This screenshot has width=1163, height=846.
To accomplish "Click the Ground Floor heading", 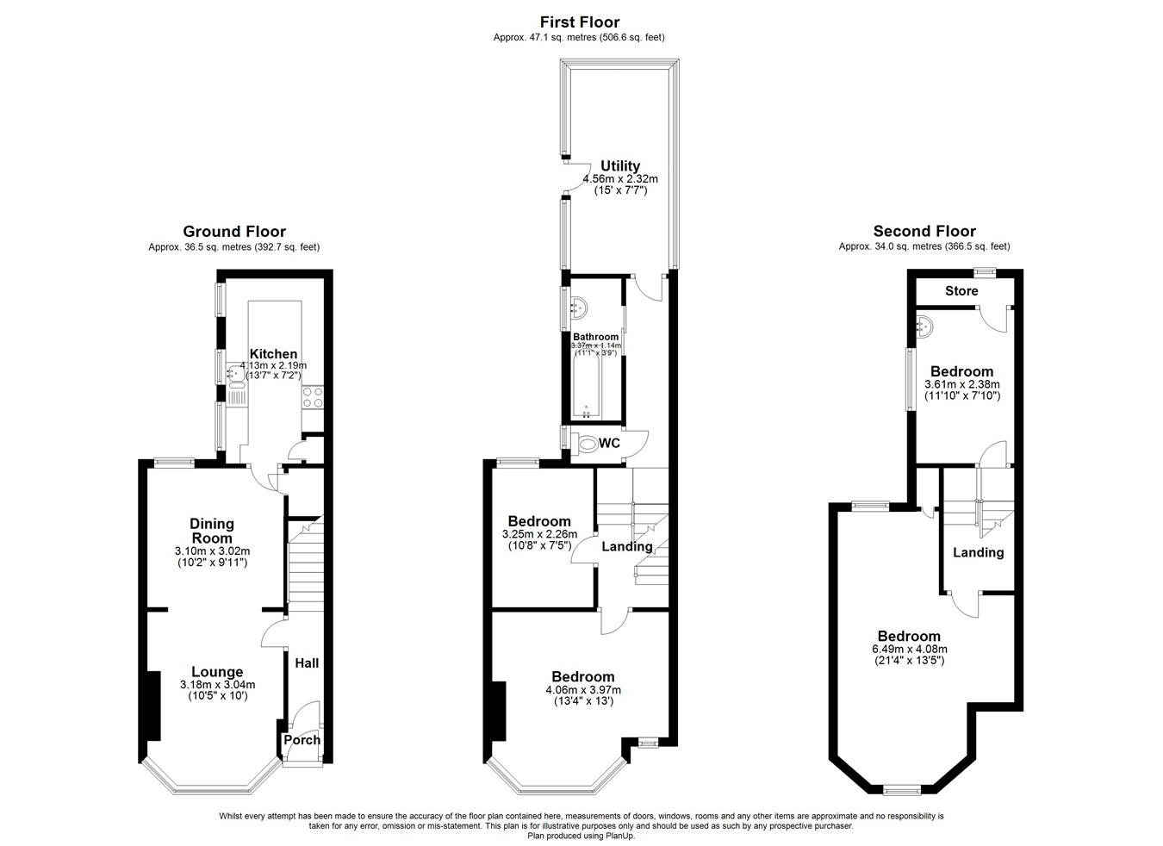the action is pyautogui.click(x=234, y=232).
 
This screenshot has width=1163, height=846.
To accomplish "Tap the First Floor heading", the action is pyautogui.click(x=580, y=22).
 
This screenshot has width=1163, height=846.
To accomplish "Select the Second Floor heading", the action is pyautogui.click(x=924, y=231).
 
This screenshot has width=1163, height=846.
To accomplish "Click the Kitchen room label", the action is pyautogui.click(x=274, y=354).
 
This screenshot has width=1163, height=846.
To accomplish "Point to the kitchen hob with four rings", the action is pyautogui.click(x=313, y=397).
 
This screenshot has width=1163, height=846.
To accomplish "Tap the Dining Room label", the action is pyautogui.click(x=212, y=531).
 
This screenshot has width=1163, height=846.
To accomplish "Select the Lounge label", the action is pyautogui.click(x=217, y=673).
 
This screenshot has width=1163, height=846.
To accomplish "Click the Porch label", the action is pyautogui.click(x=302, y=739).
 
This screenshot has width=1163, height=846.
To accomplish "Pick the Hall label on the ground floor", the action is pyautogui.click(x=307, y=663).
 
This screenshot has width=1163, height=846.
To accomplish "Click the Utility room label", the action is pyautogui.click(x=620, y=166).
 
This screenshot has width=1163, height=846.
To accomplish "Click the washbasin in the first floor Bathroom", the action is pyautogui.click(x=579, y=308).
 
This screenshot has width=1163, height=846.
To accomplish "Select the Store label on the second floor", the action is pyautogui.click(x=961, y=291).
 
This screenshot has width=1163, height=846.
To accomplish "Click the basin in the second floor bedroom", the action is pyautogui.click(x=924, y=327).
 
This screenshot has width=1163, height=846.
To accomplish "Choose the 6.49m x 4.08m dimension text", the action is pyautogui.click(x=910, y=650).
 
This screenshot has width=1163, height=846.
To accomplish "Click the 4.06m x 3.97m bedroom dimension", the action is pyautogui.click(x=583, y=690).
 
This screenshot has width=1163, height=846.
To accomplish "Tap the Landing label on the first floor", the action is pyautogui.click(x=626, y=546).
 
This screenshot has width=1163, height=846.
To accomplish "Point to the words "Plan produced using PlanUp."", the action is pyautogui.click(x=581, y=837).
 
